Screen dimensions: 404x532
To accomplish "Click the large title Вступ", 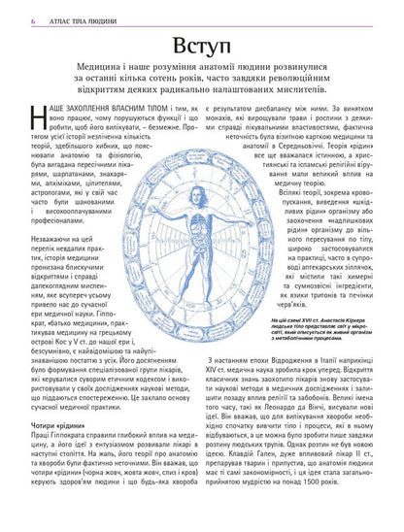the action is point(201,50).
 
